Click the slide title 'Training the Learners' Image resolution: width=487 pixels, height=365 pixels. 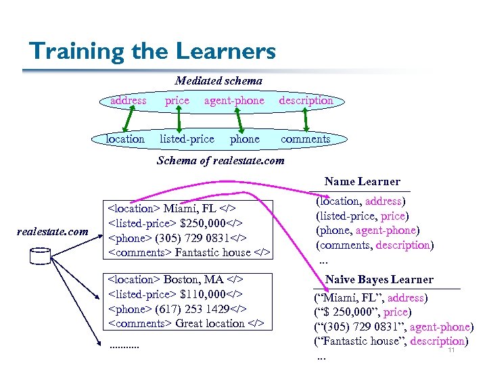pyautogui.click(x=153, y=51)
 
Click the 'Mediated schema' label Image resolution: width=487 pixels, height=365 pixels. pyautogui.click(x=219, y=80)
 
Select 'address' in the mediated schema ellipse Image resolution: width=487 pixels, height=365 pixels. pyautogui.click(x=129, y=100)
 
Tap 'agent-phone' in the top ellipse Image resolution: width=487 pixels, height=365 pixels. pyautogui.click(x=234, y=100)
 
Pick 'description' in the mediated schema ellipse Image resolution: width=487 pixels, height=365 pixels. pyautogui.click(x=306, y=100)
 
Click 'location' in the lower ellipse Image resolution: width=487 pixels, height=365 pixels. pyautogui.click(x=125, y=139)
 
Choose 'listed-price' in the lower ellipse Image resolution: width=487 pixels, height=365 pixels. pyautogui.click(x=187, y=139)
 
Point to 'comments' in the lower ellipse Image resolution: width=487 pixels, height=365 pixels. pyautogui.click(x=305, y=139)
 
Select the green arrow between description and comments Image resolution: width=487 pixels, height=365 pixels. pyautogui.click(x=306, y=120)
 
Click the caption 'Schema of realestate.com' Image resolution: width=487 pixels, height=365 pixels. pyautogui.click(x=220, y=160)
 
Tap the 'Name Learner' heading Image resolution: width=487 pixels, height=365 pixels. pyautogui.click(x=362, y=181)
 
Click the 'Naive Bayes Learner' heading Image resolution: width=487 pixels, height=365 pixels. pyautogui.click(x=379, y=279)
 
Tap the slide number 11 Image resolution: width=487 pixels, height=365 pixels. pyautogui.click(x=451, y=349)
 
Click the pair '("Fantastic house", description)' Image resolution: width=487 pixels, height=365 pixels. pyautogui.click(x=391, y=342)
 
